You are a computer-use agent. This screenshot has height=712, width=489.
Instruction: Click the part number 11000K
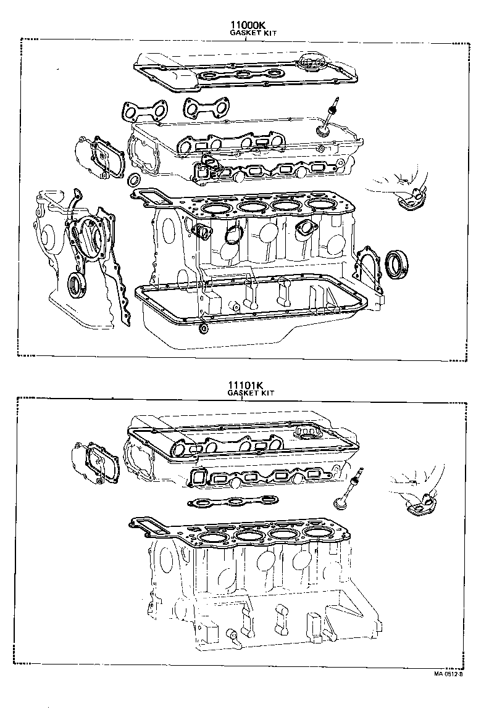pos(247,24)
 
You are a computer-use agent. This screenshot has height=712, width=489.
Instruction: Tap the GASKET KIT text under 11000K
pos(253,33)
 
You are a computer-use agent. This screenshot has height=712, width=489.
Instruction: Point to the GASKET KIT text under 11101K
pos(251,393)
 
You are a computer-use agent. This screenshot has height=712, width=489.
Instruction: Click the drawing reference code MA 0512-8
pos(448,673)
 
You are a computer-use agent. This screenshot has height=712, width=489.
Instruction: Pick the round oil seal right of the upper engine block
pos(396,263)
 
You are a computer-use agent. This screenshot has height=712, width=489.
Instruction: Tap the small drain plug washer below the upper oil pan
pos(204,328)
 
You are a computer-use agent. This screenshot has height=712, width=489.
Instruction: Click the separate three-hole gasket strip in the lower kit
pos(233,502)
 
